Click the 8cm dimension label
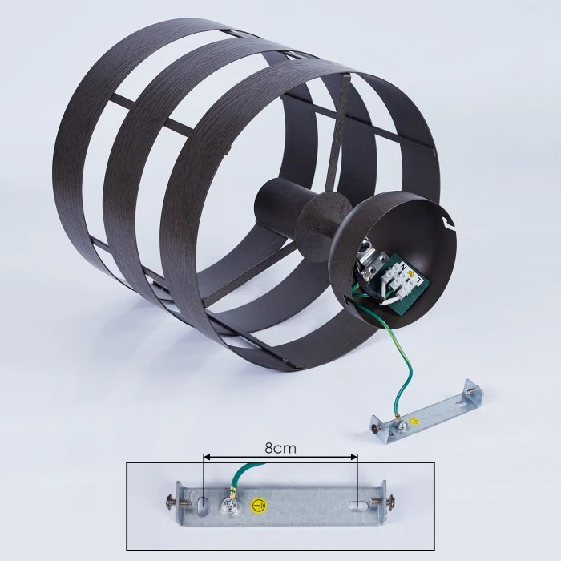click(280, 448)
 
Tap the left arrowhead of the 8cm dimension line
click(206, 457)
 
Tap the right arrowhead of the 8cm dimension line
click(354, 457)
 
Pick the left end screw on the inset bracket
click(176, 501)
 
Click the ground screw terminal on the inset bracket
click(228, 504)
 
